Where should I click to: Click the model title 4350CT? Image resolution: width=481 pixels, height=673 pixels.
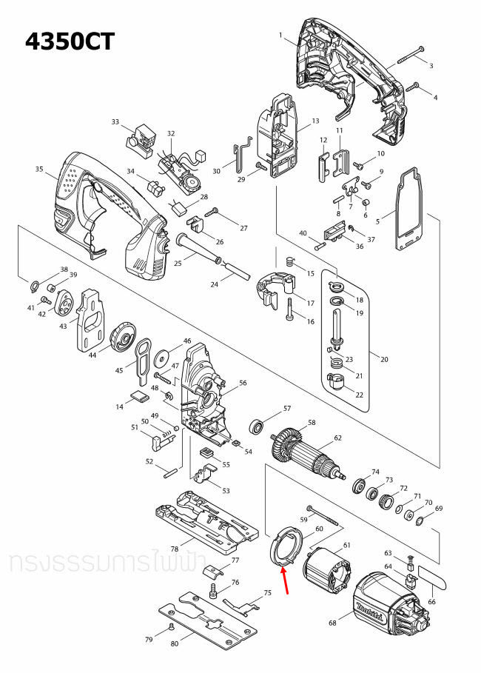pos(70,41)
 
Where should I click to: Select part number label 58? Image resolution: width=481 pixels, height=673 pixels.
pos(312,423)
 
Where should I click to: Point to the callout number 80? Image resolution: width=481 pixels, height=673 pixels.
pos(175,643)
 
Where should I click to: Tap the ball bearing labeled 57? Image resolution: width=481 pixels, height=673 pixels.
pos(259,427)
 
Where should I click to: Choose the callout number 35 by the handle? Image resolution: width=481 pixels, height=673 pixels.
pos(40,169)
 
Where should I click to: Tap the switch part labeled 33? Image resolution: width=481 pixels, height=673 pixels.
pos(143,138)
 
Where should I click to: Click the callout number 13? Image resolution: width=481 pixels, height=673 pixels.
pos(315,121)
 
